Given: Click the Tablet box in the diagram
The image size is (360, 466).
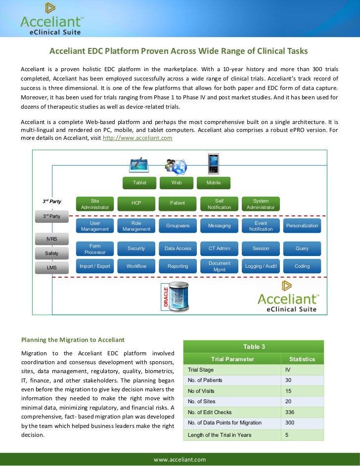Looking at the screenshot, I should [x=140, y=183].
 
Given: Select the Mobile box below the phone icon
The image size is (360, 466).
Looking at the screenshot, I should [x=214, y=183].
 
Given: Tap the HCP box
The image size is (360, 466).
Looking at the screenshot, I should [x=136, y=204].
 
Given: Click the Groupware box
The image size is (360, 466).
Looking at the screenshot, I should [x=178, y=226].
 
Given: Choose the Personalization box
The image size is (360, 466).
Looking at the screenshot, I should [x=302, y=226].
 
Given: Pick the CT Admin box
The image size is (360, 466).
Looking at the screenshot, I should [x=219, y=249].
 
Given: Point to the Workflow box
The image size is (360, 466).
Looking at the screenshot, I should [x=136, y=266].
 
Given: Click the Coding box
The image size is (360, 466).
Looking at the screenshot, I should [x=302, y=266].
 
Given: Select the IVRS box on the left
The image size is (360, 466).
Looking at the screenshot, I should [x=51, y=239].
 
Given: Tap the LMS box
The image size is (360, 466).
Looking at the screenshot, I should [x=51, y=268].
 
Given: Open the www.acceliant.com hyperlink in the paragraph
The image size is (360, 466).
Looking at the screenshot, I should [x=137, y=138].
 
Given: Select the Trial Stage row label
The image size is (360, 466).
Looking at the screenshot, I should [x=200, y=370].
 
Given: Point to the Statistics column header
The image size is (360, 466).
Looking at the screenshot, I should [x=302, y=359].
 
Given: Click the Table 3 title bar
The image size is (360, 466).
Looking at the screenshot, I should [x=253, y=347].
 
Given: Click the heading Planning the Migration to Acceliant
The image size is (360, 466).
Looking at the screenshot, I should [x=72, y=340].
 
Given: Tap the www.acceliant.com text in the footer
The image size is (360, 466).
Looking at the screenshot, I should [x=180, y=460].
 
